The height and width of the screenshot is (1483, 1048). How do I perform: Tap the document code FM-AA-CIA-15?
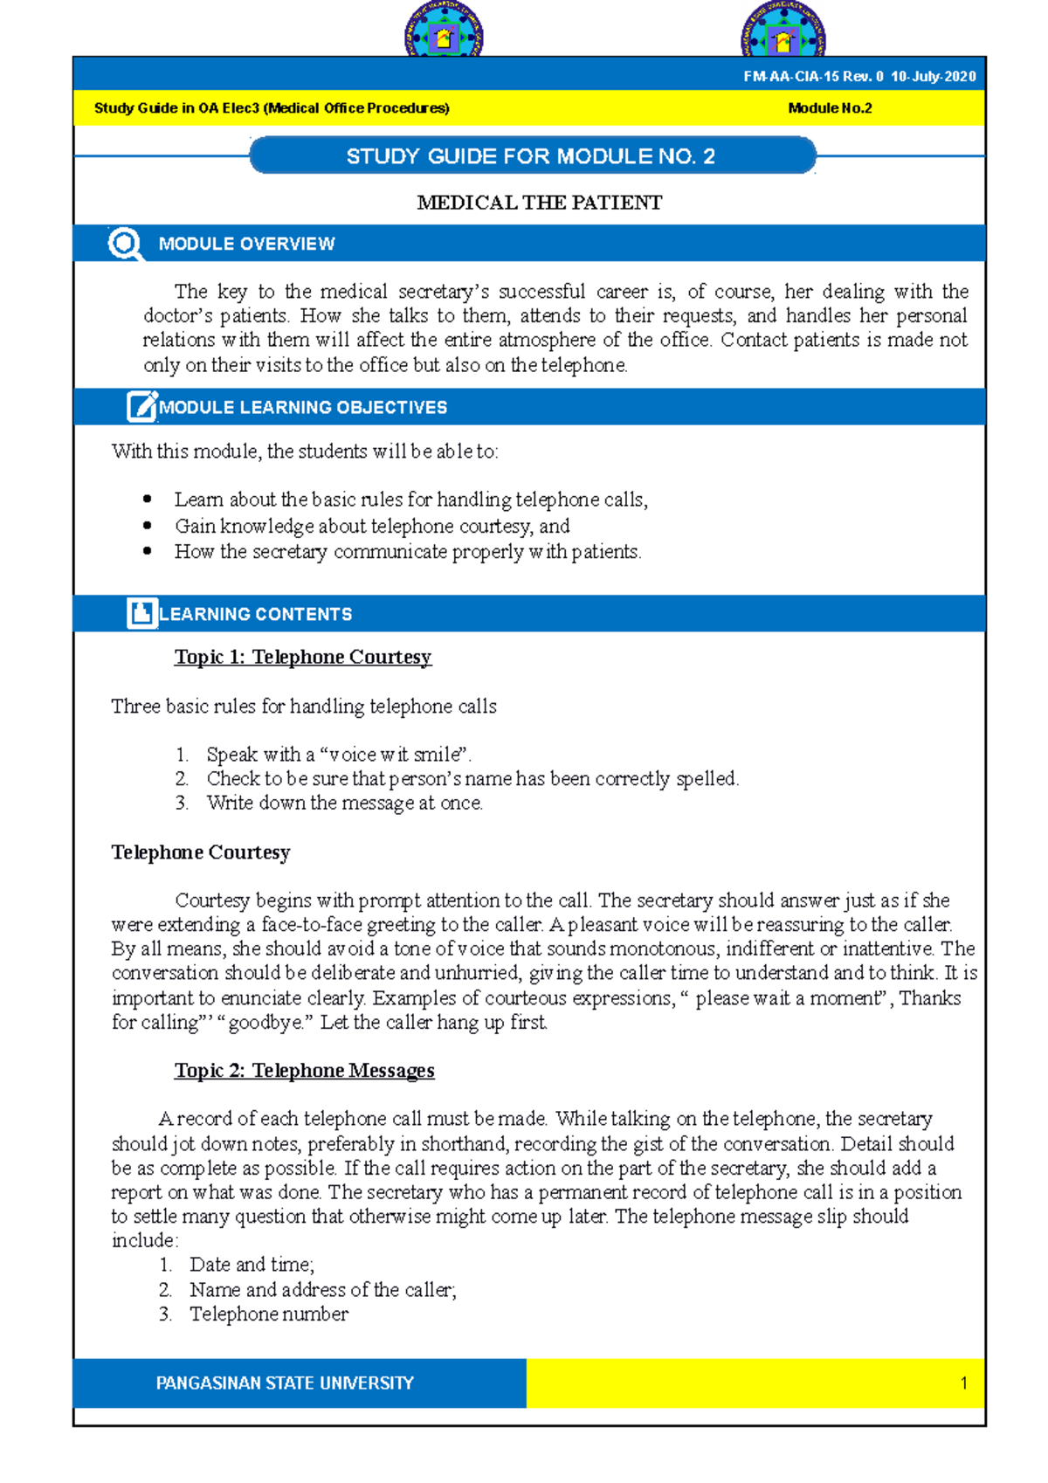pos(790,76)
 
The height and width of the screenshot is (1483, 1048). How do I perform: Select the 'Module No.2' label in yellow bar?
pos(830,108)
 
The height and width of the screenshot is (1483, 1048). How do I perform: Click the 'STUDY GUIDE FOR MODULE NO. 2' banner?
pos(531,156)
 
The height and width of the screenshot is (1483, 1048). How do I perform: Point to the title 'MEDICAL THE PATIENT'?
pos(539,203)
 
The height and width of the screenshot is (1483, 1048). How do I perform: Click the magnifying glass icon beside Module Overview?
pos(125,244)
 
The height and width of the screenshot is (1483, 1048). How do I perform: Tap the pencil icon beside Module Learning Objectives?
pos(141,407)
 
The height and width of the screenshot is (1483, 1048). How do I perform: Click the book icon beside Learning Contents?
pos(141,613)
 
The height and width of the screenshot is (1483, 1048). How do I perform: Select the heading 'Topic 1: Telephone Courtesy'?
pos(302,657)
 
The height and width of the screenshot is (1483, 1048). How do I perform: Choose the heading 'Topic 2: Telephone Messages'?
pos(304,1071)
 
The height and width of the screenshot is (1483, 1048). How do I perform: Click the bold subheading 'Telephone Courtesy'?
pos(200,852)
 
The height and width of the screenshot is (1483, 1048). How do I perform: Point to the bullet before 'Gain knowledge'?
pos(147,526)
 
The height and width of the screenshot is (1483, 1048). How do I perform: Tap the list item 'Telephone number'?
pos(268,1314)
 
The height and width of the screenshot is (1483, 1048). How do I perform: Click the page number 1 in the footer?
pos(963,1383)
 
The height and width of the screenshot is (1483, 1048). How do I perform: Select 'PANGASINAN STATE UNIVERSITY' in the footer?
pos(285,1383)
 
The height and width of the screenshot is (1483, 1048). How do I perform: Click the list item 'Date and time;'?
pos(252,1265)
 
